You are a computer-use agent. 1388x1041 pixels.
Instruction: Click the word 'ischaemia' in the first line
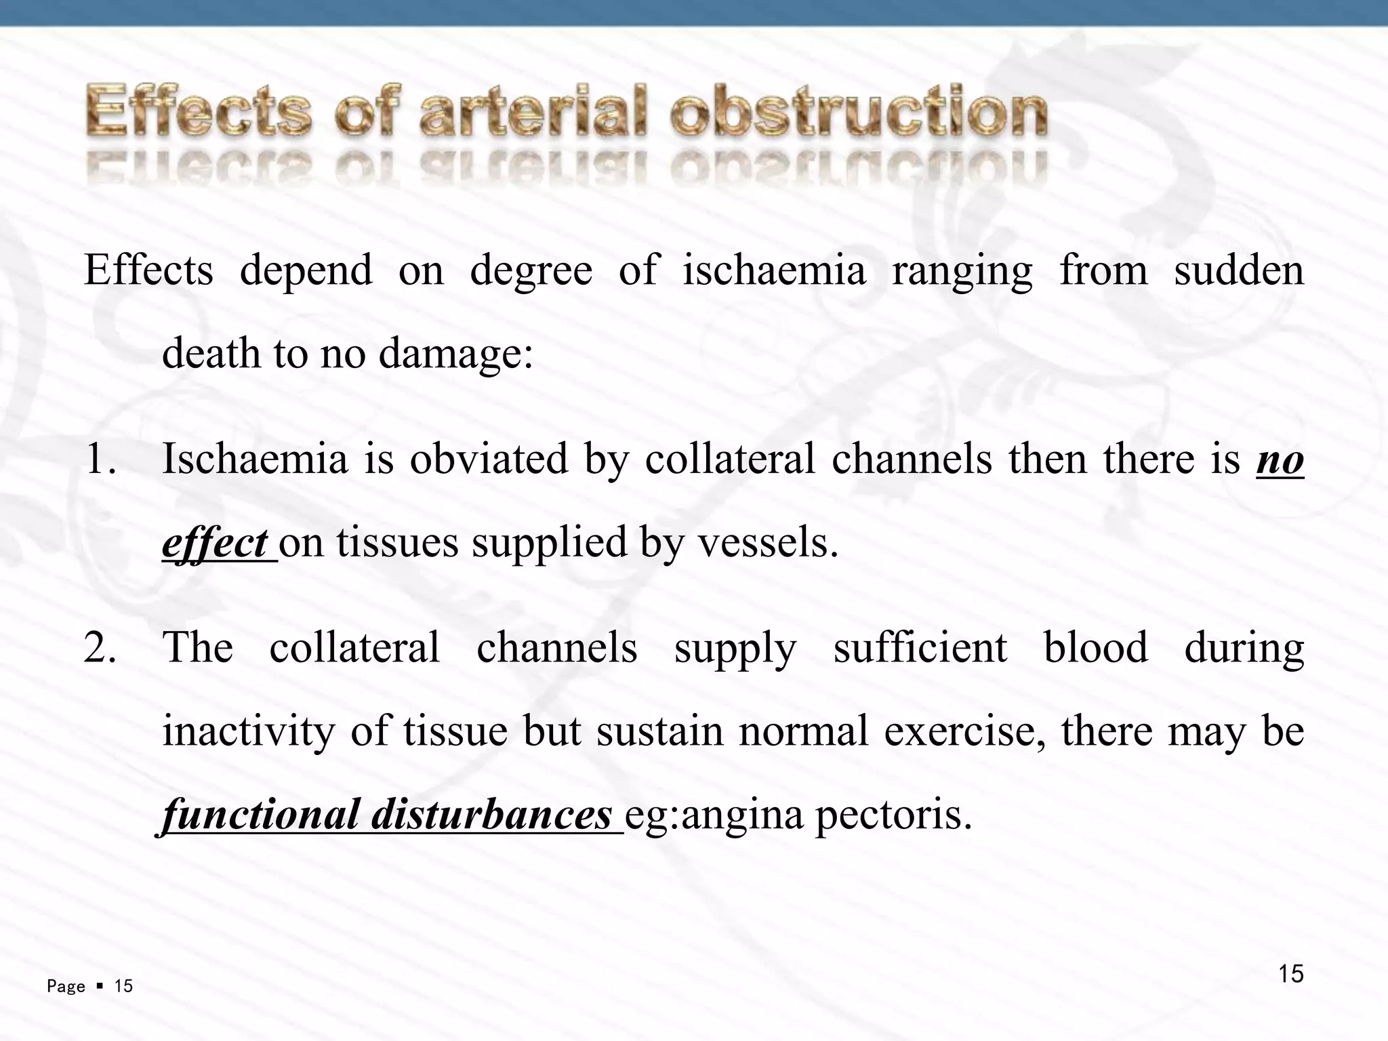(774, 271)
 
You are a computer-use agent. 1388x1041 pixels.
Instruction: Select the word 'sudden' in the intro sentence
(1238, 270)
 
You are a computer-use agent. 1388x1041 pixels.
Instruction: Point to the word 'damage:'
(456, 354)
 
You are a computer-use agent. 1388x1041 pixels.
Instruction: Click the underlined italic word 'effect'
(215, 543)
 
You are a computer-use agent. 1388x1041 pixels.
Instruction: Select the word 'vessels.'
(769, 543)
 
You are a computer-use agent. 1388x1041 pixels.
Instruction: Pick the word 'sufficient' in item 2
(920, 648)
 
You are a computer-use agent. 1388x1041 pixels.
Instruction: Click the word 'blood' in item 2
(1095, 648)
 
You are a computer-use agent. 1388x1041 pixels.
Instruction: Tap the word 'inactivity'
(249, 731)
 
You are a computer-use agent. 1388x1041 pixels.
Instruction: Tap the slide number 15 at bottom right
(1290, 974)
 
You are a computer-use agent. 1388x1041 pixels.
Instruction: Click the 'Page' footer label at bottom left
(66, 987)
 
